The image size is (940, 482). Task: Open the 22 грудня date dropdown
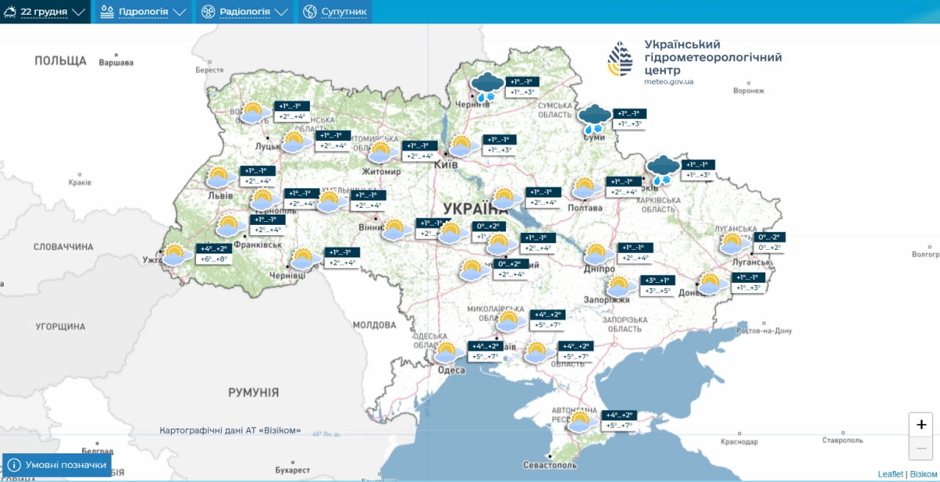click(45, 12)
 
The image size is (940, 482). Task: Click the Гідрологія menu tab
click(143, 12)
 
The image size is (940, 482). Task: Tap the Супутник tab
click(334, 12)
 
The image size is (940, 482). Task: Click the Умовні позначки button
click(57, 465)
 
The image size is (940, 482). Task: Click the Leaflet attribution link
click(890, 474)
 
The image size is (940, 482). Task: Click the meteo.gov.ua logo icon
click(620, 59)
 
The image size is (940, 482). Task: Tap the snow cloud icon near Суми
click(594, 118)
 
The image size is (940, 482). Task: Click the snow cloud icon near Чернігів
click(487, 86)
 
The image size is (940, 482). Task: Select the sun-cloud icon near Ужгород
click(176, 254)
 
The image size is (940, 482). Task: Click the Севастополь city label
click(549, 465)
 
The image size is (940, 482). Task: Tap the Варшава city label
click(116, 62)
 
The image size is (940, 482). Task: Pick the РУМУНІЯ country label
click(253, 392)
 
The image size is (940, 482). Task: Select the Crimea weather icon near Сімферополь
click(580, 421)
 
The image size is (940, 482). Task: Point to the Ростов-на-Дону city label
click(764, 331)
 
